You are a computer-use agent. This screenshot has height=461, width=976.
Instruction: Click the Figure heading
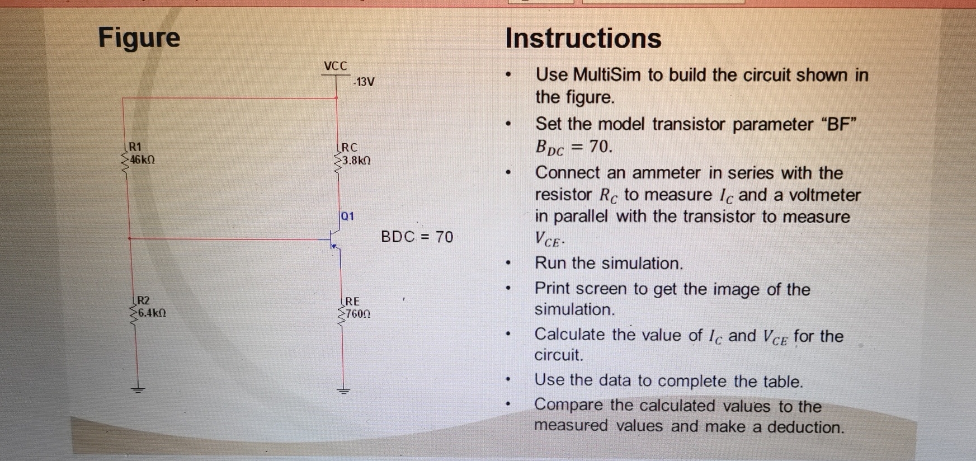pyautogui.click(x=139, y=38)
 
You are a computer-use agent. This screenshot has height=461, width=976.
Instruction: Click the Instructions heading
pyautogui.click(x=583, y=39)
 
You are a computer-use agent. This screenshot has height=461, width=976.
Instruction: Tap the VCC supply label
pyautogui.click(x=336, y=66)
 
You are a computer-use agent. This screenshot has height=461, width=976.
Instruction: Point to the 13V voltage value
pyautogui.click(x=364, y=82)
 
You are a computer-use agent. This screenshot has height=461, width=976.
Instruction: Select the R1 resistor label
pyautogui.click(x=135, y=147)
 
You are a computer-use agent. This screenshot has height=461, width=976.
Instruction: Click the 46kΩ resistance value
pyautogui.click(x=142, y=160)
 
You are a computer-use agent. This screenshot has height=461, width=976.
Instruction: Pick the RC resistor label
pyautogui.click(x=350, y=148)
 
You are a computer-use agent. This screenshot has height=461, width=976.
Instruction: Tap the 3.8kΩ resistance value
pyautogui.click(x=356, y=161)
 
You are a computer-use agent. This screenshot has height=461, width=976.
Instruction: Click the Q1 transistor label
pyautogui.click(x=347, y=216)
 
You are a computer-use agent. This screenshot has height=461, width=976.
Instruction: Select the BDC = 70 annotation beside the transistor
pyautogui.click(x=417, y=237)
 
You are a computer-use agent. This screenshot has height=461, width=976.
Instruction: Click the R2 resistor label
pyautogui.click(x=143, y=300)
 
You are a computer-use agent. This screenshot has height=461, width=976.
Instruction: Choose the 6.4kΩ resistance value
pyautogui.click(x=152, y=313)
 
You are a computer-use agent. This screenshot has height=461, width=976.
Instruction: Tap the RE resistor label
pyautogui.click(x=352, y=302)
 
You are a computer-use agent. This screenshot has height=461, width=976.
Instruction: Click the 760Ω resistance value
pyautogui.click(x=358, y=314)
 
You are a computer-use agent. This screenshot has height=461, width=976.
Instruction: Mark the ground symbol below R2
pyautogui.click(x=138, y=389)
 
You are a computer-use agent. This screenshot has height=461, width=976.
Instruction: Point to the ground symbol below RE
pyautogui.click(x=343, y=391)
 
